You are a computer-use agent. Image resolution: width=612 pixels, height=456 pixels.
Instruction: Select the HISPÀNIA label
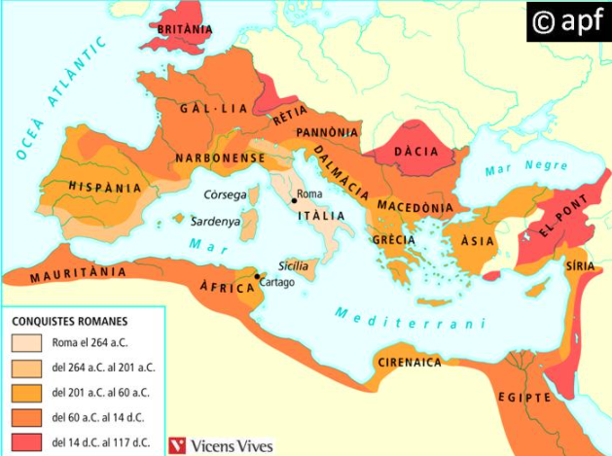[x=104, y=188]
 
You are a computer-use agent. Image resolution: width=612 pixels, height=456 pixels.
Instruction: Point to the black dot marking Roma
[x=293, y=199]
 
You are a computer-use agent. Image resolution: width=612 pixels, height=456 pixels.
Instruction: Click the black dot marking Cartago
[x=256, y=277]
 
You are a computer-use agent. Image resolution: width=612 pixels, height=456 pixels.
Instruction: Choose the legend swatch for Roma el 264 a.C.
[x=26, y=342]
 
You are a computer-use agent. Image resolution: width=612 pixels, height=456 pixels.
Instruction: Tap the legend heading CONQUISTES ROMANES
[x=69, y=320]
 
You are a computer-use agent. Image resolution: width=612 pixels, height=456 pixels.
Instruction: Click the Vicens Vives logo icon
[x=178, y=443]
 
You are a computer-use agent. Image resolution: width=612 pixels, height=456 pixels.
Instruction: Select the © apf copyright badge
[x=568, y=22]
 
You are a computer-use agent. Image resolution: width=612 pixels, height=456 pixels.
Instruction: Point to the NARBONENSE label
[x=220, y=158]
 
